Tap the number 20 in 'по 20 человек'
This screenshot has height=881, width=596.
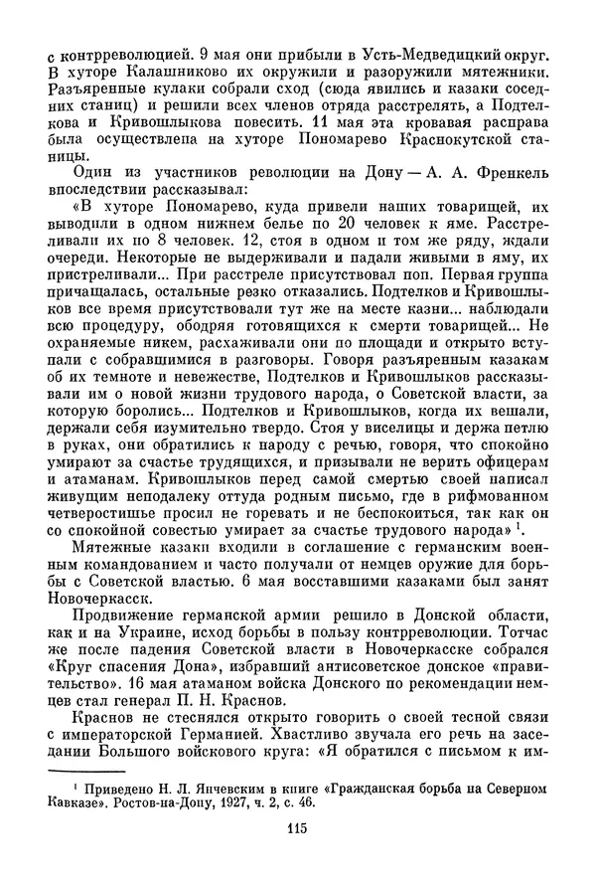pos(404,229)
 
